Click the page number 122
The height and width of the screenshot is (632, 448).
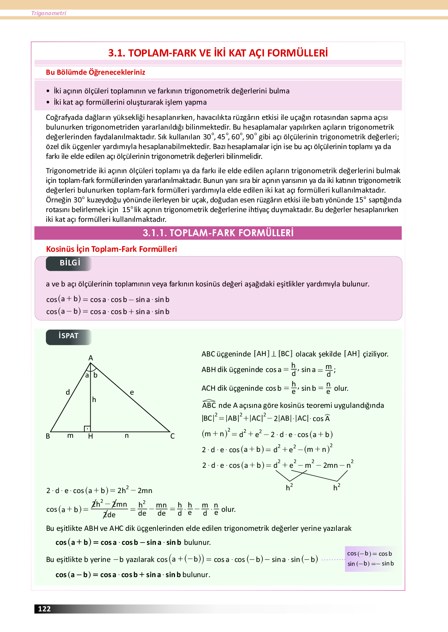pyautogui.click(x=44, y=609)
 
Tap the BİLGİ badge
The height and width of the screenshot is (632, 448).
pyautogui.click(x=70, y=263)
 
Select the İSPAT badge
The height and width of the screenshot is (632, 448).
pyautogui.click(x=68, y=336)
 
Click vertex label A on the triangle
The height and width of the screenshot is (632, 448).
pyautogui.click(x=91, y=358)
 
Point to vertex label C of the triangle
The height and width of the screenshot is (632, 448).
pyautogui.click(x=172, y=436)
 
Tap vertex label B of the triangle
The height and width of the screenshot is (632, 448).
pyautogui.click(x=48, y=436)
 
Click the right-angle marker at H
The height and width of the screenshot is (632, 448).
pyautogui.click(x=87, y=429)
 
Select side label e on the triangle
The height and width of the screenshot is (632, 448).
pyautogui.click(x=132, y=392)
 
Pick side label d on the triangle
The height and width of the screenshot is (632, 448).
pyautogui.click(x=68, y=392)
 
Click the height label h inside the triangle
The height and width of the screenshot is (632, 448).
pyautogui.click(x=94, y=400)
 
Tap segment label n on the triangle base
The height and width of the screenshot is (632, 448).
pyautogui.click(x=127, y=435)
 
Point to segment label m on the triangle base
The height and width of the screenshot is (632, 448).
pyautogui.click(x=70, y=435)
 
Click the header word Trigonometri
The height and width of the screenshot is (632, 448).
pyautogui.click(x=49, y=13)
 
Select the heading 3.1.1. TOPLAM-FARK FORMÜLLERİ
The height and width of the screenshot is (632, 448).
pyautogui.click(x=218, y=233)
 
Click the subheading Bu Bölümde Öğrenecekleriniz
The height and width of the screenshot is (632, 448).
pyautogui.click(x=95, y=72)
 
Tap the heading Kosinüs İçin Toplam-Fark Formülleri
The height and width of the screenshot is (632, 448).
pyautogui.click(x=111, y=249)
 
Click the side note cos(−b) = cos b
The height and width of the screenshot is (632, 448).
pyautogui.click(x=369, y=553)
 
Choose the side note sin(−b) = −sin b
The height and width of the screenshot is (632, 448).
pyautogui.click(x=370, y=564)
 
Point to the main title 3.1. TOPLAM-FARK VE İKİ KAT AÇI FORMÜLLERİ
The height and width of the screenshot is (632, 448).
pyautogui.click(x=218, y=53)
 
